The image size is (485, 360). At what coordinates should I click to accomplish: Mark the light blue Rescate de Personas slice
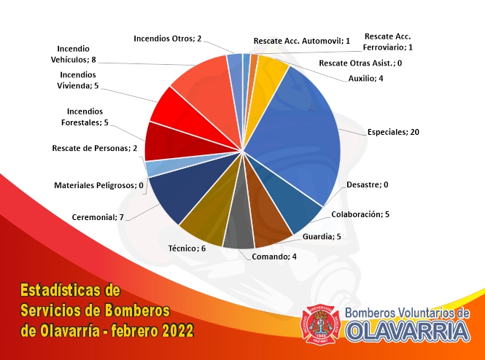(x=161, y=167)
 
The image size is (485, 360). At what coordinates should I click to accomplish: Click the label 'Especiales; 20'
(x=393, y=132)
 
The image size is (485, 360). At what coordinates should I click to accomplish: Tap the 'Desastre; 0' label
(x=367, y=184)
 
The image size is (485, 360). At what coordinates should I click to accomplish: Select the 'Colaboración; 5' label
(x=360, y=214)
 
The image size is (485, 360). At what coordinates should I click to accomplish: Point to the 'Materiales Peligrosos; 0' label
(x=98, y=185)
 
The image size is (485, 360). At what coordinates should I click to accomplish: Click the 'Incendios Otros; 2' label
(x=167, y=39)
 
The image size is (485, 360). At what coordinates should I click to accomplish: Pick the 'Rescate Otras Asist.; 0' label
(x=360, y=63)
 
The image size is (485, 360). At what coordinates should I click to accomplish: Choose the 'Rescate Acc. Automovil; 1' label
(x=302, y=41)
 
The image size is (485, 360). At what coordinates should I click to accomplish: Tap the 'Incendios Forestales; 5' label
(x=85, y=117)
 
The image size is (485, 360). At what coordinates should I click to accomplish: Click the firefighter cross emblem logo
(x=320, y=324)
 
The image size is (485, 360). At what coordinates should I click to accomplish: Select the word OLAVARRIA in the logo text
(x=408, y=332)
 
